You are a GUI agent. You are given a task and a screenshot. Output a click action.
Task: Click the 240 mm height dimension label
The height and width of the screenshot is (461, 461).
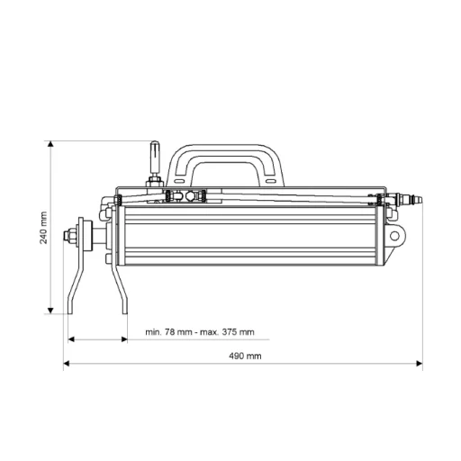tap(44, 228)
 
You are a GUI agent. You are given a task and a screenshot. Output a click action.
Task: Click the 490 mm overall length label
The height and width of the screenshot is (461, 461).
tap(245, 356)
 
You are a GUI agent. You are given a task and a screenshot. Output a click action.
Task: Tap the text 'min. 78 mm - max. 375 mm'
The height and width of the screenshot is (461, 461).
tap(200, 332)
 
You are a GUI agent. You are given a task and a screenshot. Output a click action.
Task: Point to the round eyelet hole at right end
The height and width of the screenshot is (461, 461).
tap(394, 236)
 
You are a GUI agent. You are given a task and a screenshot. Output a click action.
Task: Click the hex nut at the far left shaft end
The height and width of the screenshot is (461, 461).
tap(68, 235)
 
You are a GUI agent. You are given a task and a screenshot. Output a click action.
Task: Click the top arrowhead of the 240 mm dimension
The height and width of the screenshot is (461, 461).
tap(50, 143)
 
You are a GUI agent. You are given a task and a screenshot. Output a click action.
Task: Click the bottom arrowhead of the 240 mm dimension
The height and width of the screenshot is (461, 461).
tap(50, 311)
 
